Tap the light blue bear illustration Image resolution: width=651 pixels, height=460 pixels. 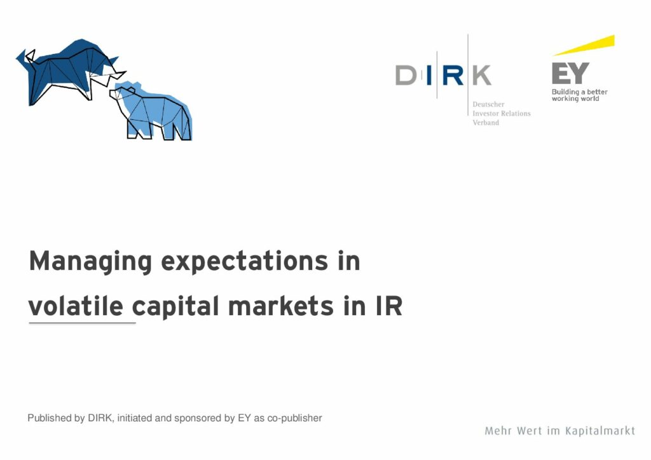point(151,111)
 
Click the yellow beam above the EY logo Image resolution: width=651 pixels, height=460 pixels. point(584,45)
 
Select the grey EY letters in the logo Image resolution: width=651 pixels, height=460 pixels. point(570,73)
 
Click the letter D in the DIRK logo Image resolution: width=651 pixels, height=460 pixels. point(406,75)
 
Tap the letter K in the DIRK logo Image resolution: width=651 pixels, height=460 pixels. point(482,75)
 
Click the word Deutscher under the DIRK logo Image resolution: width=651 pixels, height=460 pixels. point(488,104)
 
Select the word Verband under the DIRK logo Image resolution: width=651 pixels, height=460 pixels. point(486,123)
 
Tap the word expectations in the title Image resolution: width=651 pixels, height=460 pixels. point(245,262)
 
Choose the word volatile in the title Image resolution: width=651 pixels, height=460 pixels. point(76,306)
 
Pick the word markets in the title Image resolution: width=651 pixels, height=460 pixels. point(281,306)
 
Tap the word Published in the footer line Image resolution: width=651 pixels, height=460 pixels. point(50,417)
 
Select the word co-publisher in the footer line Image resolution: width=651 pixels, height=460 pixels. point(294,418)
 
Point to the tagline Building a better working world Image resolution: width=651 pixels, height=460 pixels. point(579,95)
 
